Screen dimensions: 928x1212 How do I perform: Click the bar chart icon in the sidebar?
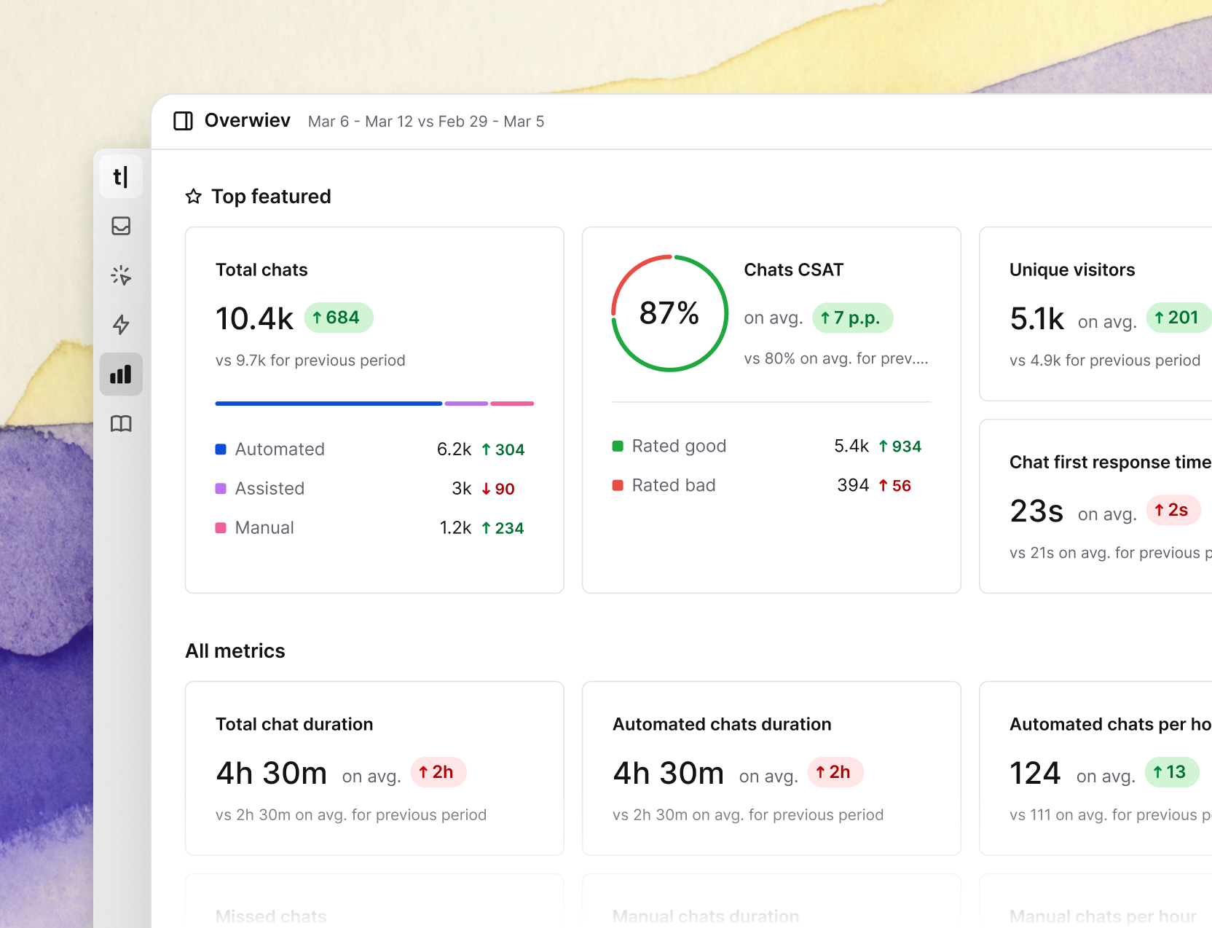[121, 374]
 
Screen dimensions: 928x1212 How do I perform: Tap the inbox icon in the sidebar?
[121, 226]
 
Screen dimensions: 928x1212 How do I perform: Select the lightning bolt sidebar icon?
[121, 324]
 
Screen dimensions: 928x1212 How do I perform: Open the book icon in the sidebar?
[121, 423]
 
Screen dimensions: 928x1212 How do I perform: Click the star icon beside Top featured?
[193, 197]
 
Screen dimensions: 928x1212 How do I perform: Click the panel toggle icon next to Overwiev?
[183, 121]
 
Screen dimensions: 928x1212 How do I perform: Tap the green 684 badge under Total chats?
[338, 318]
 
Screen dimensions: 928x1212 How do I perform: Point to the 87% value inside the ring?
[669, 313]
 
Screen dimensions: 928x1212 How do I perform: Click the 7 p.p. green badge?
[851, 318]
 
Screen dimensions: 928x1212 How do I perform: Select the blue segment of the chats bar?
[328, 403]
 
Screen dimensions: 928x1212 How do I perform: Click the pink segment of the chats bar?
[512, 403]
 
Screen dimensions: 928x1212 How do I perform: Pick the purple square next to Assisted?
[221, 489]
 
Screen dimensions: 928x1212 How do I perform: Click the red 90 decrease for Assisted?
[499, 489]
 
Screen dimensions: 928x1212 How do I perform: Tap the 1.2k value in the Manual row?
[455, 528]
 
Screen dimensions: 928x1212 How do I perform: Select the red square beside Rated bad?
[618, 485]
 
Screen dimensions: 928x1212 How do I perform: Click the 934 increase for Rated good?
[900, 447]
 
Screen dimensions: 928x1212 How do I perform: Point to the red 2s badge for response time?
[1173, 510]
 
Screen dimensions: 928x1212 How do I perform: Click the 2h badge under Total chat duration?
[438, 772]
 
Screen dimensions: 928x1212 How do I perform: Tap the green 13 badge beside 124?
[1171, 772]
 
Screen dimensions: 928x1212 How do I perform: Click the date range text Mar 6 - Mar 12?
[361, 122]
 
